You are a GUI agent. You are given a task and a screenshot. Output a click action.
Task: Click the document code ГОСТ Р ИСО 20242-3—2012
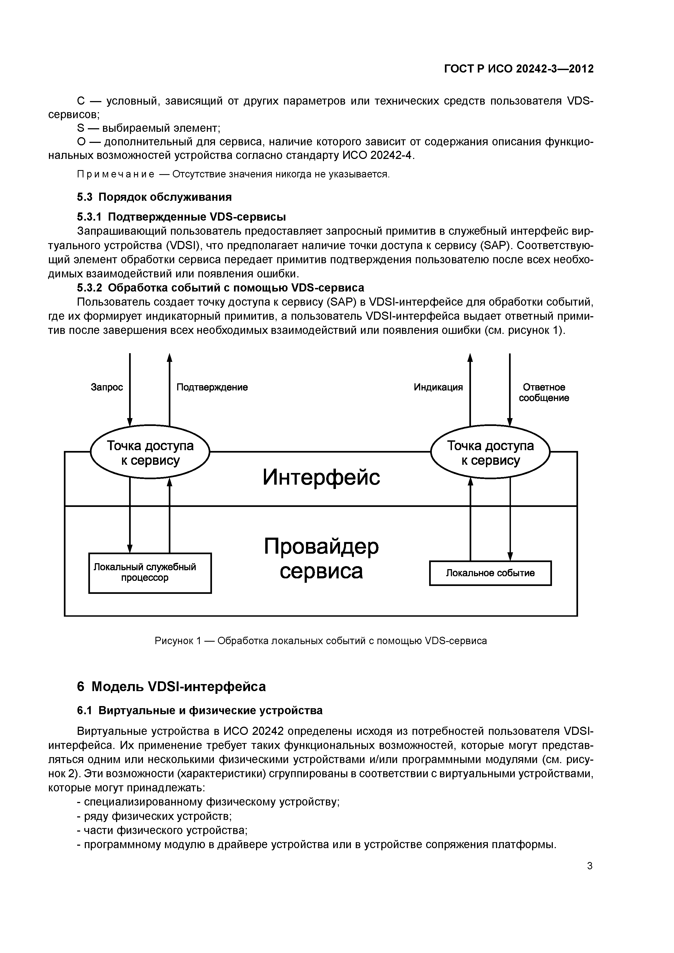click(x=519, y=69)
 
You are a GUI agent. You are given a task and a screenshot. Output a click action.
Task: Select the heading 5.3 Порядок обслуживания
click(x=154, y=197)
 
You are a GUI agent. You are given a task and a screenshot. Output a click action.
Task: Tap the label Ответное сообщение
click(x=544, y=392)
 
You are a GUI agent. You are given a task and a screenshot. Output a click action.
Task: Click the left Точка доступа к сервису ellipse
click(x=150, y=452)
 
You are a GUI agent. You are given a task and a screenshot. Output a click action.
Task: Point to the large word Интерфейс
click(x=321, y=477)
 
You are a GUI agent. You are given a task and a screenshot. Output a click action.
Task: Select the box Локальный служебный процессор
click(x=150, y=572)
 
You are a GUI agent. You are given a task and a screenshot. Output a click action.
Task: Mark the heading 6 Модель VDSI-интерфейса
click(x=171, y=686)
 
